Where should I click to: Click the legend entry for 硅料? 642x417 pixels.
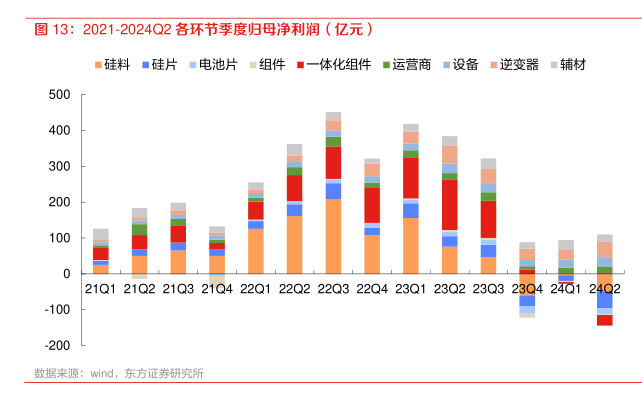119,65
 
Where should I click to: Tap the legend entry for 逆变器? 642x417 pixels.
518,65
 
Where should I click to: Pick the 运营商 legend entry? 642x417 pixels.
406,65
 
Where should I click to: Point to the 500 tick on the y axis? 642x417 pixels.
59,95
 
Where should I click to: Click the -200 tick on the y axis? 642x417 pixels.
56,345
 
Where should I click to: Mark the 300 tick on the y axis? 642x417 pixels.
59,166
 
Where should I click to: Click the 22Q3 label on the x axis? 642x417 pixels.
333,288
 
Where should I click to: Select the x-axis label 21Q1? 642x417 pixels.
101,288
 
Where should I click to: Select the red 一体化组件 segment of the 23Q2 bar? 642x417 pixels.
449,205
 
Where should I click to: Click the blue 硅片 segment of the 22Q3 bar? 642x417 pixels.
333,191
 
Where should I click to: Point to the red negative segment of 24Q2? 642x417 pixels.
604,320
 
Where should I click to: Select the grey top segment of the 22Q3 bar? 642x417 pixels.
333,116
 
